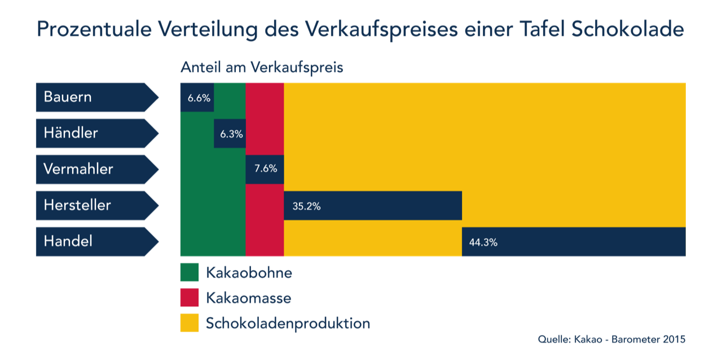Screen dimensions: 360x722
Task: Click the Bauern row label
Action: [68, 97]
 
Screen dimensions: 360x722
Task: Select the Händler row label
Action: [71, 133]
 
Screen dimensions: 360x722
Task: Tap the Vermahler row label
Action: [78, 169]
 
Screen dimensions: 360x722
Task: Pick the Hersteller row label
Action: [77, 205]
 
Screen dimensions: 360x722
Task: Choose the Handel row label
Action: [68, 242]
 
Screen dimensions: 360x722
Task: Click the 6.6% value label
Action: [199, 98]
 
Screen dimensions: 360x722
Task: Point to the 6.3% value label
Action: [231, 134]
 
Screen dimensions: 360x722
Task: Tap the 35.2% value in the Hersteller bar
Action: [306, 206]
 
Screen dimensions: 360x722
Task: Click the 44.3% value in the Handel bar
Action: [483, 243]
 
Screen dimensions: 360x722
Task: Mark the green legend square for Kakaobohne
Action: [190, 273]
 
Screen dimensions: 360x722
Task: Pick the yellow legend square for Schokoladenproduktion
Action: [190, 323]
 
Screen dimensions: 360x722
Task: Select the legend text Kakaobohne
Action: [249, 273]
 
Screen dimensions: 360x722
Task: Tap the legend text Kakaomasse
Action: [248, 298]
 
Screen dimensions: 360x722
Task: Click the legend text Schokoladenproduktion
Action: [288, 323]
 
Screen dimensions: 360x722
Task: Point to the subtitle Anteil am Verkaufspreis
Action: [262, 68]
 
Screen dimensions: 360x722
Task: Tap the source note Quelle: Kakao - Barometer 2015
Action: [611, 340]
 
